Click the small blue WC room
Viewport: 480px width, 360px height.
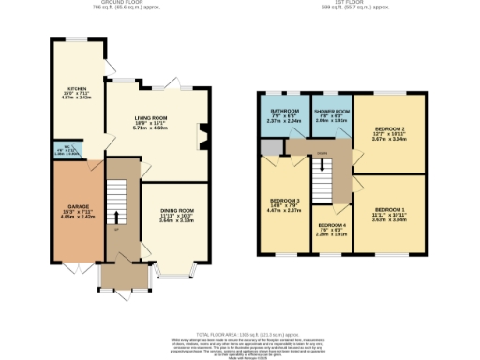point(66,148)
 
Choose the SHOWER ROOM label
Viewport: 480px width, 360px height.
point(330,111)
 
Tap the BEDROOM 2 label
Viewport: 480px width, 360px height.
point(392,130)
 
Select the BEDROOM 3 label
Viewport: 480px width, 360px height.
point(285,201)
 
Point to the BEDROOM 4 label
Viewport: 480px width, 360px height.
point(330,226)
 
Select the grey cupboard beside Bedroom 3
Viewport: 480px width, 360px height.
point(272,146)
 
